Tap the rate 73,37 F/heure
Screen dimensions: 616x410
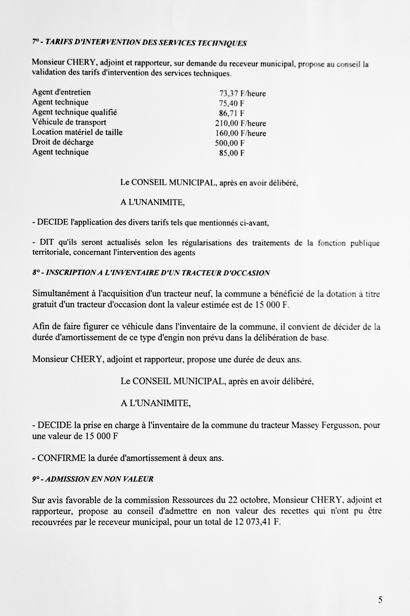[242, 93]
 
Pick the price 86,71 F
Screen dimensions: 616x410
[231, 113]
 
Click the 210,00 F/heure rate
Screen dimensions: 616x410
[240, 123]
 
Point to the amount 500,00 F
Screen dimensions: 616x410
[230, 143]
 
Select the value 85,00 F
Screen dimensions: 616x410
[232, 153]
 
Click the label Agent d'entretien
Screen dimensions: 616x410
[61, 92]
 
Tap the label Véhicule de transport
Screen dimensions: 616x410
[69, 122]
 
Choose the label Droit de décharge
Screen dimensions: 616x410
[63, 142]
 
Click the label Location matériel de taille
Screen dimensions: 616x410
[77, 132]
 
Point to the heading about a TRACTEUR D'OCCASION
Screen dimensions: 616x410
[151, 273]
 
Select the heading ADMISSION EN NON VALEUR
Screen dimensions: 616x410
[93, 479]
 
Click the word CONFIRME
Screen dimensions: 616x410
[61, 458]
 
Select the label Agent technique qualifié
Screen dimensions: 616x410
[75, 112]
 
